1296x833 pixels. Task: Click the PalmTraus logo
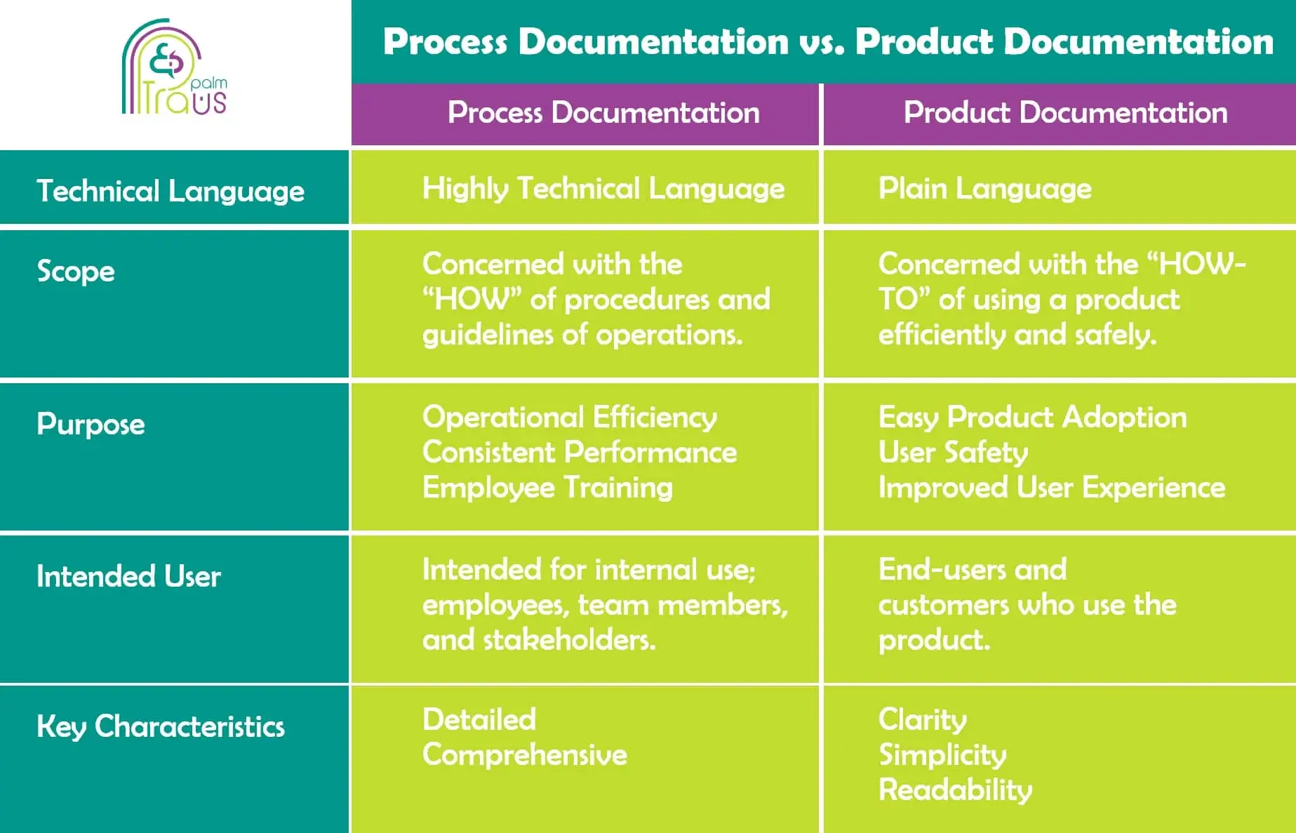[174, 67]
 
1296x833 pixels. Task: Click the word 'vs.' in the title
[822, 42]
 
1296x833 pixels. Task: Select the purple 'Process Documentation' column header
[603, 112]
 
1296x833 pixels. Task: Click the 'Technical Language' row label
[171, 191]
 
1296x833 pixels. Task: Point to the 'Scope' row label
[76, 271]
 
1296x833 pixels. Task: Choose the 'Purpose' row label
[91, 424]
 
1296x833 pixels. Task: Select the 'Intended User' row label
[128, 576]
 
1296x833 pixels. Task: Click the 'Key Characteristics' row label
[161, 726]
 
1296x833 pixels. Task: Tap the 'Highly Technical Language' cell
[603, 188]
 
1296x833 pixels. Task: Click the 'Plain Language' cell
[985, 188]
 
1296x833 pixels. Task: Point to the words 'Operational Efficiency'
[570, 417]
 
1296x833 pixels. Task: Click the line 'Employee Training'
[547, 487]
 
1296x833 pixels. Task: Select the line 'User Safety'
[954, 452]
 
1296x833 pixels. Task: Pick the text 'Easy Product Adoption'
[1033, 417]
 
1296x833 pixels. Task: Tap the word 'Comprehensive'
[525, 755]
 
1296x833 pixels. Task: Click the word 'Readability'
[956, 790]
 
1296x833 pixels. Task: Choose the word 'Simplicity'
[942, 755]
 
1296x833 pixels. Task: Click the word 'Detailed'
[479, 719]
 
